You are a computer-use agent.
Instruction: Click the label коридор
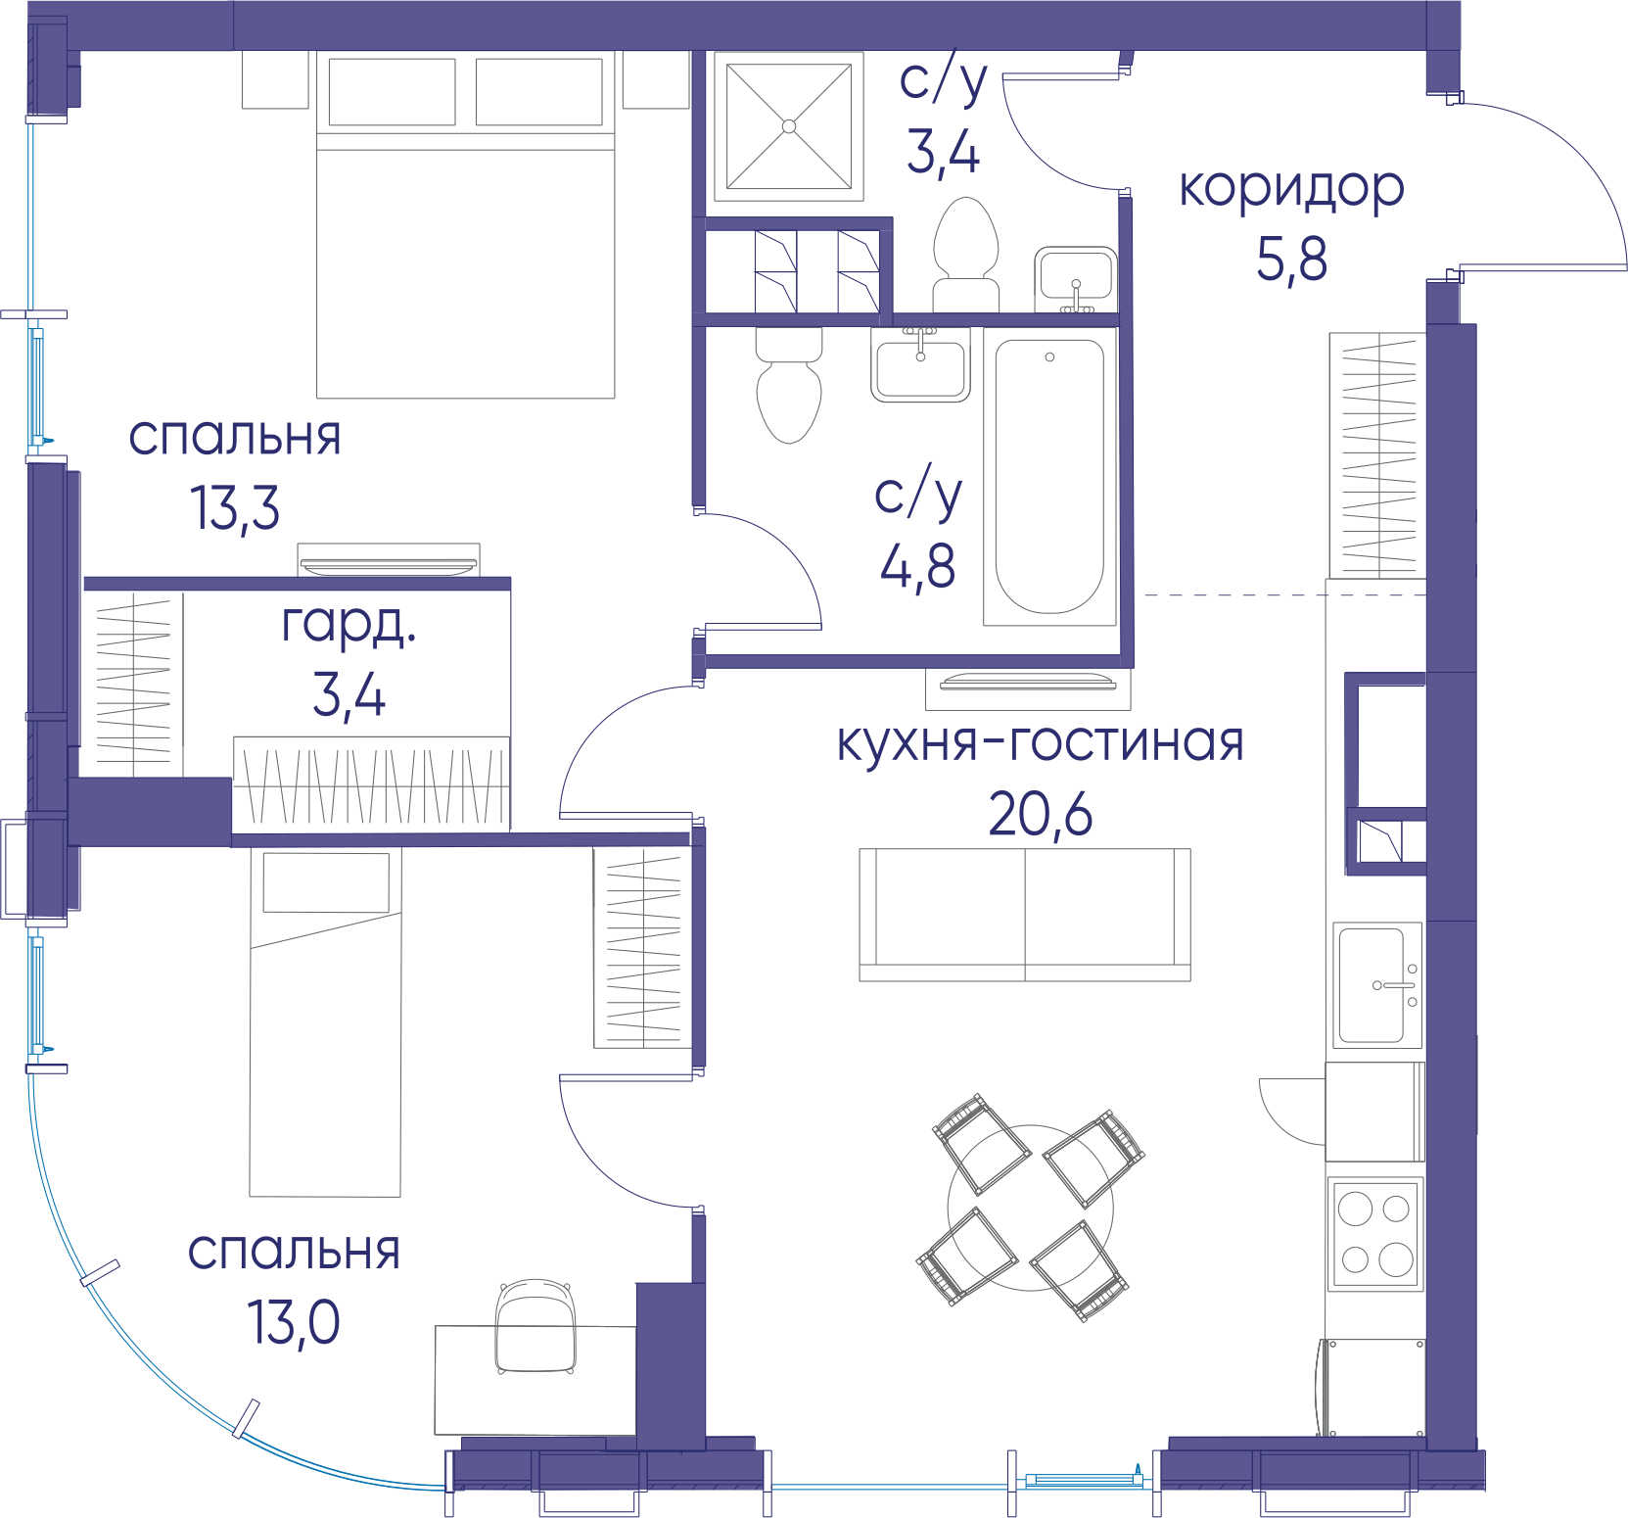point(1291,189)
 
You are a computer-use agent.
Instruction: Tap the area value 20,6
point(1040,814)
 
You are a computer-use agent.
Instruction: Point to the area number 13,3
point(235,508)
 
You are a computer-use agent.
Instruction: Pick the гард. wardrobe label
point(349,625)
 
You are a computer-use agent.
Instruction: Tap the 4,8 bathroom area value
point(917,566)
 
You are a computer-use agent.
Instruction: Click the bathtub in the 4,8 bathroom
point(1049,477)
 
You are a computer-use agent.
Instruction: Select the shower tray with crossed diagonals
point(789,126)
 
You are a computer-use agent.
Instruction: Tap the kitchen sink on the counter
point(1376,984)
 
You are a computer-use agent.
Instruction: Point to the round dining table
point(1030,1208)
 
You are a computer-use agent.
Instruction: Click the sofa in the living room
point(1025,915)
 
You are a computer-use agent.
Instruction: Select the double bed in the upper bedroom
point(466,224)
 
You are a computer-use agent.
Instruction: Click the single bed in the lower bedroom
point(326,1021)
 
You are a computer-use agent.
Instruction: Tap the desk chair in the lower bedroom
point(535,1326)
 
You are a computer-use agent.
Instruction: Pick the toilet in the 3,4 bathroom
point(966,256)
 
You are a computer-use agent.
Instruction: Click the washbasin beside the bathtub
point(920,364)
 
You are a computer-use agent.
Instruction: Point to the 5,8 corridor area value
point(1291,260)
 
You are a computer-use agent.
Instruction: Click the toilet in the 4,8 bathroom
point(789,385)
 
